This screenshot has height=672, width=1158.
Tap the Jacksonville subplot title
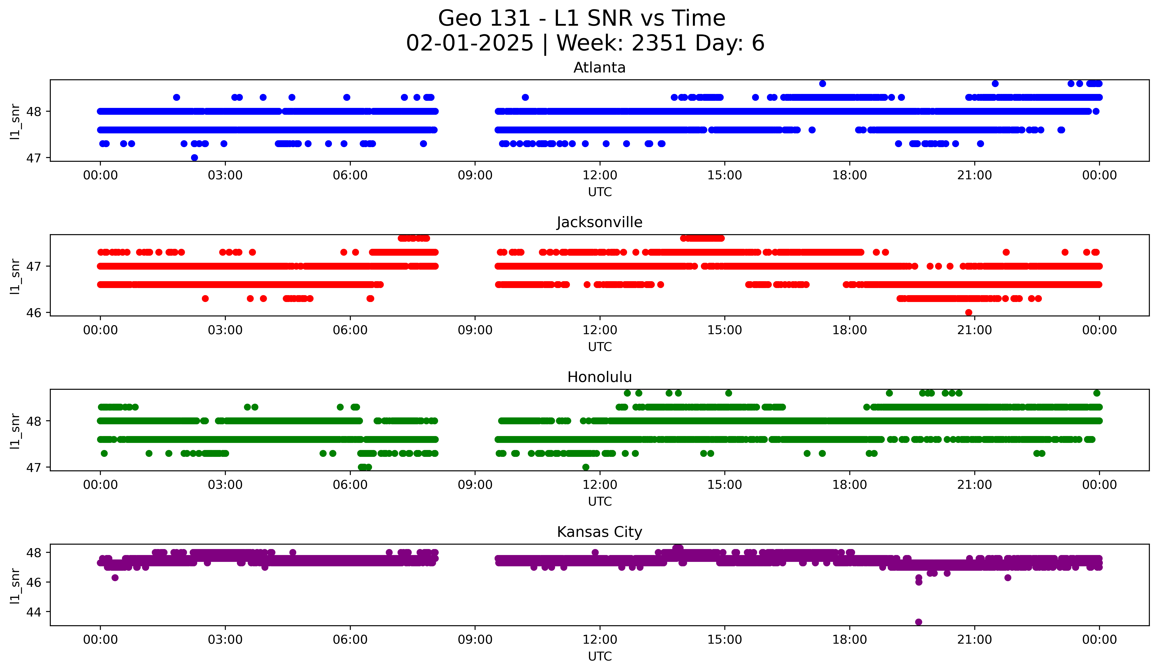pyautogui.click(x=599, y=222)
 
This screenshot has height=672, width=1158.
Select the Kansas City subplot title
pyautogui.click(x=599, y=532)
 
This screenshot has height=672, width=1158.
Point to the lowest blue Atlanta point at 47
pyautogui.click(x=194, y=158)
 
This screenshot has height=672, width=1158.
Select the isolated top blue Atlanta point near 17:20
pyautogui.click(x=823, y=84)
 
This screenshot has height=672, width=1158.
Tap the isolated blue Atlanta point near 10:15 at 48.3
pyautogui.click(x=525, y=97)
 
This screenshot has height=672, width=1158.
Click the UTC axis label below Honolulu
pyautogui.click(x=600, y=502)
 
